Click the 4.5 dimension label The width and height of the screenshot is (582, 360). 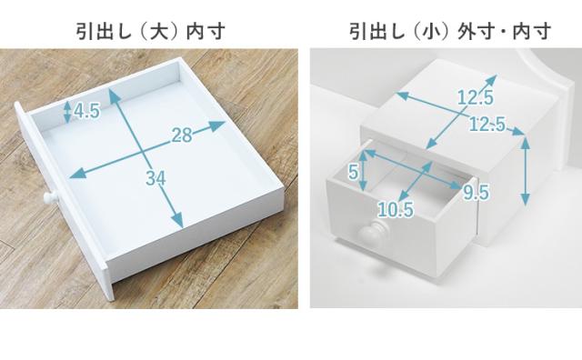point(87,110)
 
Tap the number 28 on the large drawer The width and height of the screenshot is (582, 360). point(182,135)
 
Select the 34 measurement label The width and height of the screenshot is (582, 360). point(156,178)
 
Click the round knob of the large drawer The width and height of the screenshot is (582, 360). point(51,198)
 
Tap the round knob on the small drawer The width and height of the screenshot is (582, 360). point(374,233)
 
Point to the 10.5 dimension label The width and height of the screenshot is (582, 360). point(396,210)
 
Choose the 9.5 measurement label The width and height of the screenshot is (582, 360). point(476,192)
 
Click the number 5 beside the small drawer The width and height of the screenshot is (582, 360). point(354,172)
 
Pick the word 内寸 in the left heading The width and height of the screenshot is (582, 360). point(206,31)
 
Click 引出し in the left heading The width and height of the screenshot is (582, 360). point(105,31)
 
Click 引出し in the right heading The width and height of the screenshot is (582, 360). point(377,31)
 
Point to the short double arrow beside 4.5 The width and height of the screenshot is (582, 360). point(67,112)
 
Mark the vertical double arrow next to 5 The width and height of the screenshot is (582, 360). point(364,171)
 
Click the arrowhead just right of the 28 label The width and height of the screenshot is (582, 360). point(217,125)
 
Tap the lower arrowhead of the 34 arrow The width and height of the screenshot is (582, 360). point(178,220)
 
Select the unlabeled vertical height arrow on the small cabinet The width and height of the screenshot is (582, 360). point(525,170)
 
